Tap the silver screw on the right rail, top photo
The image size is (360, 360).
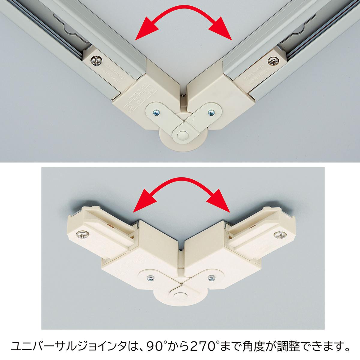272,61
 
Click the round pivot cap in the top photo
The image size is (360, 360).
182,136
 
